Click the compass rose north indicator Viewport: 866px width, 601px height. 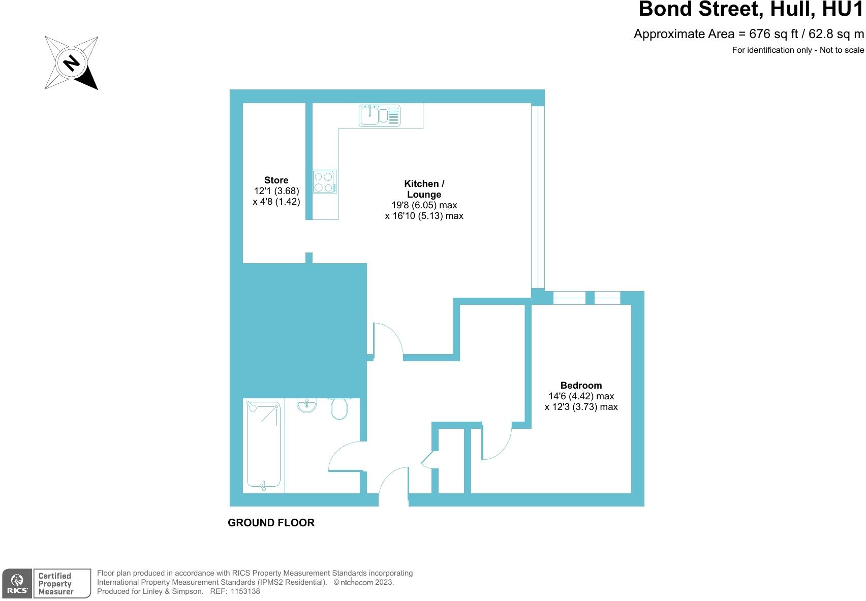tap(71, 63)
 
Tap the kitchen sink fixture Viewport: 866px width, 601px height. tap(379, 115)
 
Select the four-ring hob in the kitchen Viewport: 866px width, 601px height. tap(324, 182)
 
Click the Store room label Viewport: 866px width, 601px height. tap(276, 180)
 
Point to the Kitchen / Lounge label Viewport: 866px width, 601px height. tap(424, 189)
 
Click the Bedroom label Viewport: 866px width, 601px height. tap(581, 385)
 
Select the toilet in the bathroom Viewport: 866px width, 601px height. tap(339, 408)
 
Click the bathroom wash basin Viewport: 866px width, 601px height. tap(306, 405)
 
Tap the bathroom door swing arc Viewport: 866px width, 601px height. tap(346, 456)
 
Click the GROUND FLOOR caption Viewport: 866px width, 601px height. tap(271, 522)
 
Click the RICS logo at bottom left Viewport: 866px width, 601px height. tap(18, 583)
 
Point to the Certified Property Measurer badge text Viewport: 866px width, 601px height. tap(55, 583)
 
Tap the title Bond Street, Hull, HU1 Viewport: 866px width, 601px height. tap(751, 9)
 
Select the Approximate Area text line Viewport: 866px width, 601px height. tap(749, 34)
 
